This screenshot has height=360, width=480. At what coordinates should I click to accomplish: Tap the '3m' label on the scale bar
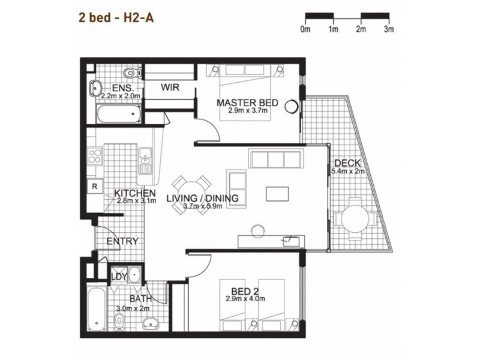pyautogui.click(x=388, y=29)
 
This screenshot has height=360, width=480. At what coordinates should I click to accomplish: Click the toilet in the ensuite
pyautogui.click(x=130, y=73)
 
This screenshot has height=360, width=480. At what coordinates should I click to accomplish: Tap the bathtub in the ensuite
pyautogui.click(x=119, y=113)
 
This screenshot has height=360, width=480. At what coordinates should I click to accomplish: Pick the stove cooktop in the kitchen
pyautogui.click(x=95, y=157)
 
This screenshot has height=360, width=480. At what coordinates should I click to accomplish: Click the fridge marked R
pyautogui.click(x=95, y=186)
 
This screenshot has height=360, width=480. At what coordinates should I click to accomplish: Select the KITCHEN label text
pyautogui.click(x=136, y=193)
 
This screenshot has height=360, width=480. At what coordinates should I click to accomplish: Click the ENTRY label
pyautogui.click(x=122, y=241)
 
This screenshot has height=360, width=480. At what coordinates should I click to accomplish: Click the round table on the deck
pyautogui.click(x=355, y=223)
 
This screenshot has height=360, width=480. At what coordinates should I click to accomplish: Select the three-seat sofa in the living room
pyautogui.click(x=275, y=159)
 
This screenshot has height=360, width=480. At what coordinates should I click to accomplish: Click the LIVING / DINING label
pyautogui.click(x=202, y=198)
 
